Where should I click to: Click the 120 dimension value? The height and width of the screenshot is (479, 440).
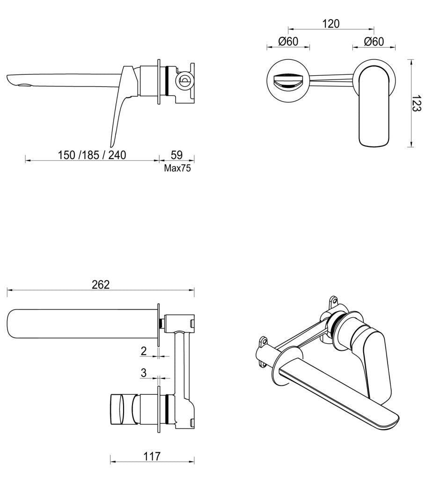[x=331, y=23]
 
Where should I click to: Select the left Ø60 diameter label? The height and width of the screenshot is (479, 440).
[x=288, y=41]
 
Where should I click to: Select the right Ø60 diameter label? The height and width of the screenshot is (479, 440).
[x=374, y=41]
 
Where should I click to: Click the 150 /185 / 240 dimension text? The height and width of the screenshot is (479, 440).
[x=92, y=154]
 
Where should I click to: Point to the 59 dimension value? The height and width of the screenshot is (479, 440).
[x=176, y=154]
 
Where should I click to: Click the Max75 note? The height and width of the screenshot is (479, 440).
[x=177, y=168]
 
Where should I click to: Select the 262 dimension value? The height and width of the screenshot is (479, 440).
[x=101, y=284]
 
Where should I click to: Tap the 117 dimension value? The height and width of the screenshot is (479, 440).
[x=152, y=456]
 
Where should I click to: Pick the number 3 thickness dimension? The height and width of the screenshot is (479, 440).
[x=144, y=373]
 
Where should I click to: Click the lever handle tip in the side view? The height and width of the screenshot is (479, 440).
[x=113, y=143]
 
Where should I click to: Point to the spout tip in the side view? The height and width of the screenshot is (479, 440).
[x=14, y=80]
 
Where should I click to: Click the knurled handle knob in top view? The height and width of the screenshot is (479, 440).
[x=120, y=410]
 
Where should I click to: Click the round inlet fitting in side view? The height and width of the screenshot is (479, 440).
[x=184, y=80]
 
